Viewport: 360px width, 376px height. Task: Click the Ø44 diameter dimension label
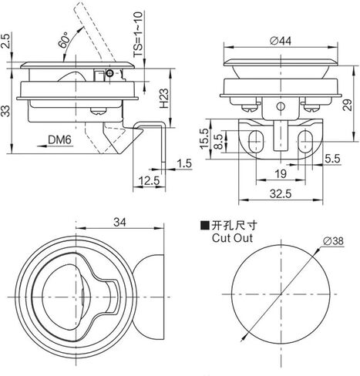pos(281,41)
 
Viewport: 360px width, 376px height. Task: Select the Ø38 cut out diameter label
pos(333,241)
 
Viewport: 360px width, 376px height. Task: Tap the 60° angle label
pos(63,40)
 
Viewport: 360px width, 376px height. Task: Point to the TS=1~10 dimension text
pos(138,34)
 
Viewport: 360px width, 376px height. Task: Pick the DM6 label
pos(59,140)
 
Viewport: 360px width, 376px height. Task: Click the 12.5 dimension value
pos(150,181)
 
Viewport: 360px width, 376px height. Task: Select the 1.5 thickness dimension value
pos(184,163)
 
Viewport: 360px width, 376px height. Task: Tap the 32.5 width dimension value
pos(281,193)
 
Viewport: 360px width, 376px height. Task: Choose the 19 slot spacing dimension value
pos(281,174)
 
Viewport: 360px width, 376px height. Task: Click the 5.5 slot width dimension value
pos(332,159)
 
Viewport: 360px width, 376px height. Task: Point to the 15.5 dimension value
pos(205,138)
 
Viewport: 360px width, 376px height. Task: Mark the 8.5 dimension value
pos(218,142)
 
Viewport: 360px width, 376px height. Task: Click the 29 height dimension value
pos(347,105)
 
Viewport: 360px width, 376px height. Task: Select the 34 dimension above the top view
pos(119,222)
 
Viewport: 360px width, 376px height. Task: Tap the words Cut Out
pos(232,238)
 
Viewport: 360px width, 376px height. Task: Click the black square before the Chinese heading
pos(205,226)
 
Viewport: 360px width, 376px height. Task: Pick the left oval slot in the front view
pos(255,141)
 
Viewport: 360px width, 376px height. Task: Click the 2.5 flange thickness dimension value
pos(6,40)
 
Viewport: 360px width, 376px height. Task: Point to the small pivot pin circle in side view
pos(109,73)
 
